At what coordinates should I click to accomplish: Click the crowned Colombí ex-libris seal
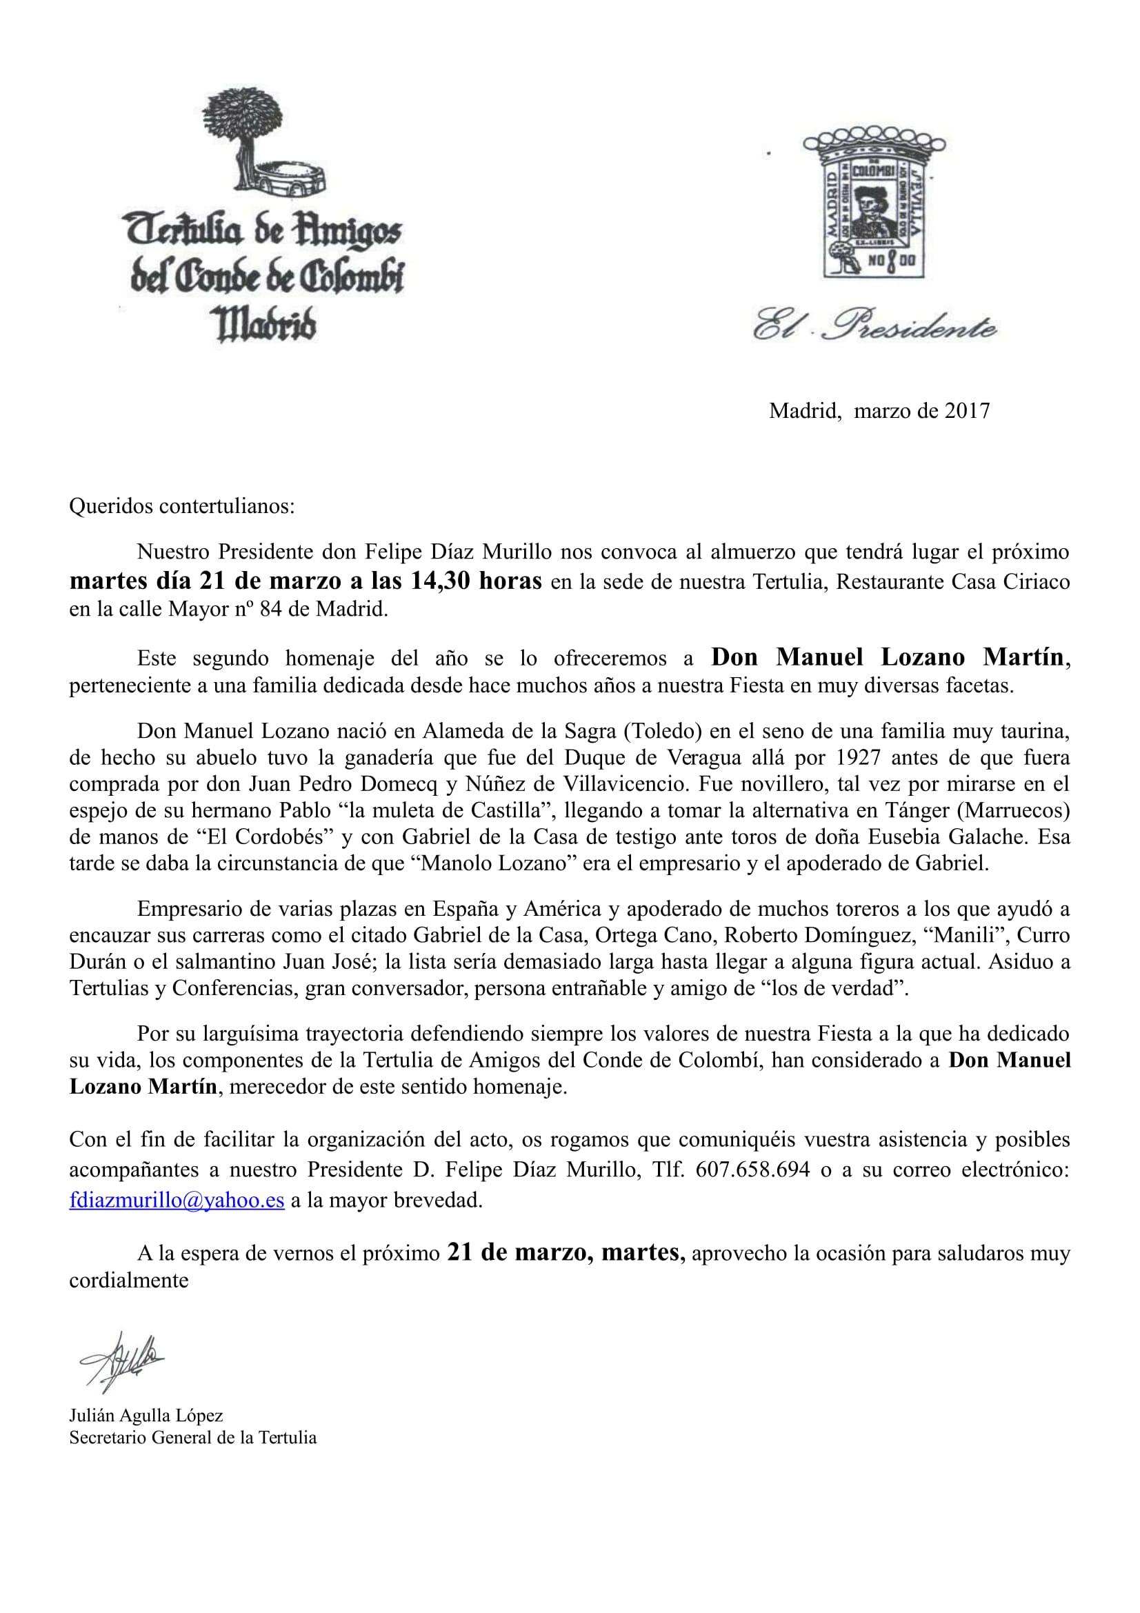click(874, 202)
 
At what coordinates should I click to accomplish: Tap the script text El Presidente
click(874, 325)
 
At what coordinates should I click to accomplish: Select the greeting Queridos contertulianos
click(182, 505)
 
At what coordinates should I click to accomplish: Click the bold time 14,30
click(441, 581)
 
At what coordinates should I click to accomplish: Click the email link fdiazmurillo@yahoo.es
click(177, 1200)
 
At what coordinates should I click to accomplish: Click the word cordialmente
click(128, 1280)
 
